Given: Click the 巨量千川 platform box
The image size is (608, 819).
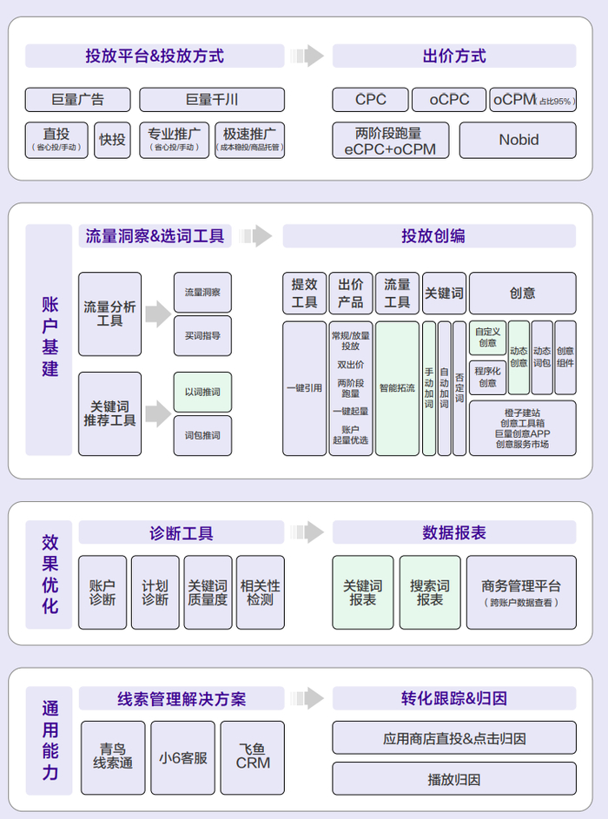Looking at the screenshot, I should (211, 100).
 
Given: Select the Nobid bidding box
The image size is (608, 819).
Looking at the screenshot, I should (518, 140).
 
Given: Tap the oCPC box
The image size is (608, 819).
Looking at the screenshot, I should (448, 100).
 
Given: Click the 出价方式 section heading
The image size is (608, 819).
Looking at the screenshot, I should (453, 56).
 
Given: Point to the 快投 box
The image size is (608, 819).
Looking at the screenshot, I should (112, 140).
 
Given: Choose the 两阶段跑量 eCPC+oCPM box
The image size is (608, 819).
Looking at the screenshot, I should (390, 140).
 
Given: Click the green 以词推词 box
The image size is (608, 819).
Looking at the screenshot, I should (202, 392).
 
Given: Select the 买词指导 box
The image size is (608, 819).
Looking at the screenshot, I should (202, 334).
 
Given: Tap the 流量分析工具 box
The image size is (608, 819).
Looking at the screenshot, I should (109, 314).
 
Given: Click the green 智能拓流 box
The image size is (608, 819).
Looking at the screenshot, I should (397, 388).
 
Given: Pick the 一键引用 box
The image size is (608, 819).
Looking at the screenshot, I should (304, 388).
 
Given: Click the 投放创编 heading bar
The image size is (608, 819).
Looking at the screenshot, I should (429, 236).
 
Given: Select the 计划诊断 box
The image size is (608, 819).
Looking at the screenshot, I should (155, 592).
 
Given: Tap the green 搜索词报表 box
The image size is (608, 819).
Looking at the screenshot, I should (430, 592).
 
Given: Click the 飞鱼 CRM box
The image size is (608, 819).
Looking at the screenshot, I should (253, 756).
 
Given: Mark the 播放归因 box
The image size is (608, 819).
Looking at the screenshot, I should (453, 779).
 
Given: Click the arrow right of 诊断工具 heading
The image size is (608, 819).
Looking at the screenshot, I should (307, 532).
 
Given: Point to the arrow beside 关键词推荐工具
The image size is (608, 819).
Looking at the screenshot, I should (157, 413).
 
